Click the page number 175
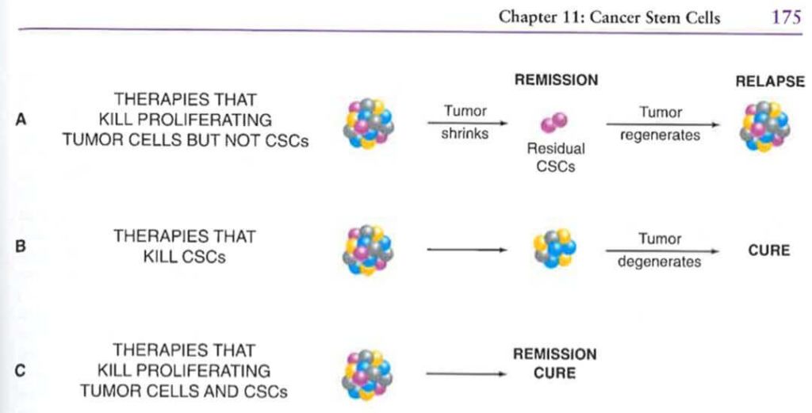[786, 17]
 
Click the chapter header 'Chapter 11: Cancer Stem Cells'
[609, 17]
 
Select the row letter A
[21, 120]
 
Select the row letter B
[21, 246]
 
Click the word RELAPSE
[769, 82]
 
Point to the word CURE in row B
[768, 250]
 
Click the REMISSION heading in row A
[556, 81]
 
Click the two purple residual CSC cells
[553, 121]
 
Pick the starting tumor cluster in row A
[369, 124]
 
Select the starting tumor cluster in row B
[369, 250]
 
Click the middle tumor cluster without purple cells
[553, 248]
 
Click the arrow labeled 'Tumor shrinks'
[466, 123]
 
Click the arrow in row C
[466, 373]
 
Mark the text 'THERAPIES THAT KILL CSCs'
[184, 247]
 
